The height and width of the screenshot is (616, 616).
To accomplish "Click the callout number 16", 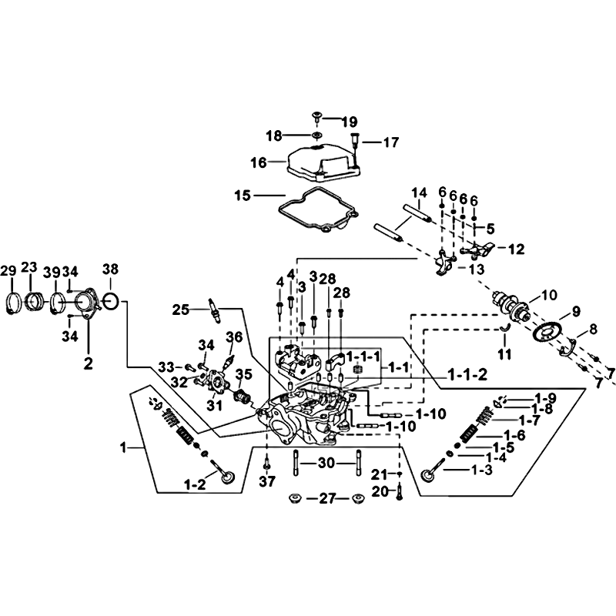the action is click(x=259, y=162).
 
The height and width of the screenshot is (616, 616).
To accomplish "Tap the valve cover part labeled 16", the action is click(x=323, y=163).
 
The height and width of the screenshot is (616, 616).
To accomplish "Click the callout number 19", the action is click(x=350, y=122).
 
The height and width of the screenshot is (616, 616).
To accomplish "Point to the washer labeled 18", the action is click(x=316, y=136).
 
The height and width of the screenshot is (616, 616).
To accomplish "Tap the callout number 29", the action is click(x=8, y=271).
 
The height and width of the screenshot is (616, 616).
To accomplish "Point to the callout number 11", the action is click(x=505, y=354).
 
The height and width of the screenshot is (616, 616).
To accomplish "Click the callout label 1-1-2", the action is click(x=467, y=375).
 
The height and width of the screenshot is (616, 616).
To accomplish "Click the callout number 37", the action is click(x=267, y=481).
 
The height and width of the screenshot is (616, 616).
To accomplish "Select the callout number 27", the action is click(x=327, y=499).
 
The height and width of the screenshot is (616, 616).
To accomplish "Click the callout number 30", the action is click(x=326, y=464).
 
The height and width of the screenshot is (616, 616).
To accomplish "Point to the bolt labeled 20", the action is click(x=399, y=491).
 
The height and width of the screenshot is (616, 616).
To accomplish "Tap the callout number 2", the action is click(x=89, y=363).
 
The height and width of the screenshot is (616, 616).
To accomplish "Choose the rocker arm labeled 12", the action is click(x=477, y=249).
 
